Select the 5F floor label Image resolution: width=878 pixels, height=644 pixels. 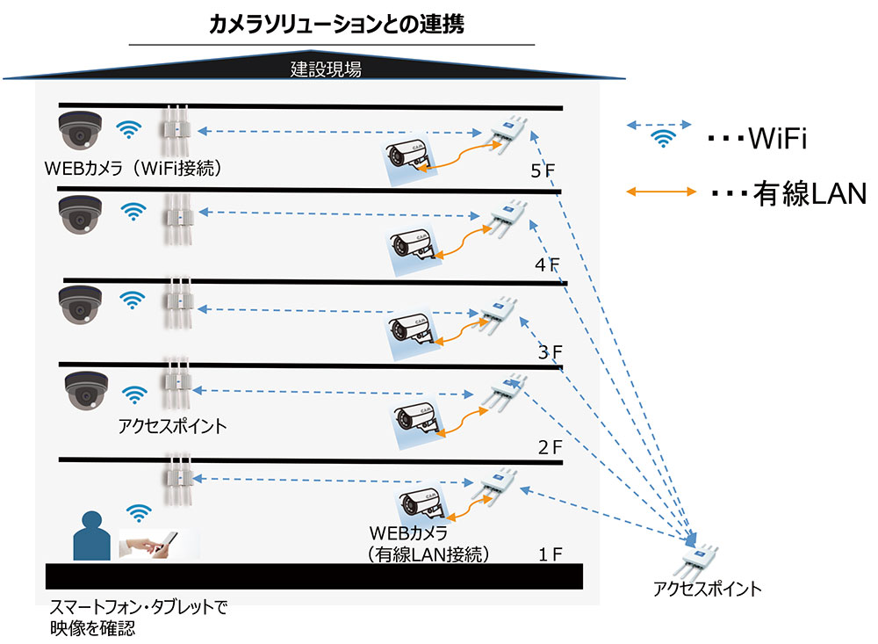point(543,170)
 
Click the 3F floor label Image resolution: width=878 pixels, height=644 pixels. point(550,353)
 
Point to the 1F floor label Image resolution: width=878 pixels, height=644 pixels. point(550,554)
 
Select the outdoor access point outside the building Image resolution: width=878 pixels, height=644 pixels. point(702,553)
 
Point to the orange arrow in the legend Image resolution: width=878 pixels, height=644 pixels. point(659,191)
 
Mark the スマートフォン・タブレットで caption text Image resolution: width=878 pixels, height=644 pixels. point(139,607)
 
